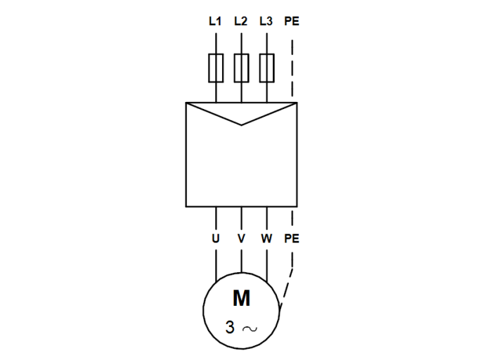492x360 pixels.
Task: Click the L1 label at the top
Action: tap(215, 21)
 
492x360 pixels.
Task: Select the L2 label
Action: tap(241, 21)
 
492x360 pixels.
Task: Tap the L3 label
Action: tap(266, 21)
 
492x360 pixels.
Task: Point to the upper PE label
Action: tap(292, 21)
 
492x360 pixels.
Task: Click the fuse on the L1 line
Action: tap(216, 68)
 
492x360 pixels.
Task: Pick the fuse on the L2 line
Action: tap(241, 68)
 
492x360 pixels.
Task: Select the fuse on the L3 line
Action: tap(267, 68)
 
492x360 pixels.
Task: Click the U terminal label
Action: tap(216, 238)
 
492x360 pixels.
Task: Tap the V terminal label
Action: tap(241, 238)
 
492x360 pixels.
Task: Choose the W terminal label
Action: tap(266, 238)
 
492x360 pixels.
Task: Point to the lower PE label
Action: tap(292, 238)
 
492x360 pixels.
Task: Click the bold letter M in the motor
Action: tap(241, 299)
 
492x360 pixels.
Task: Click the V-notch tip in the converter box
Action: tap(241, 124)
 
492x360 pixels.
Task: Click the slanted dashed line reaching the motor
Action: tap(286, 288)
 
